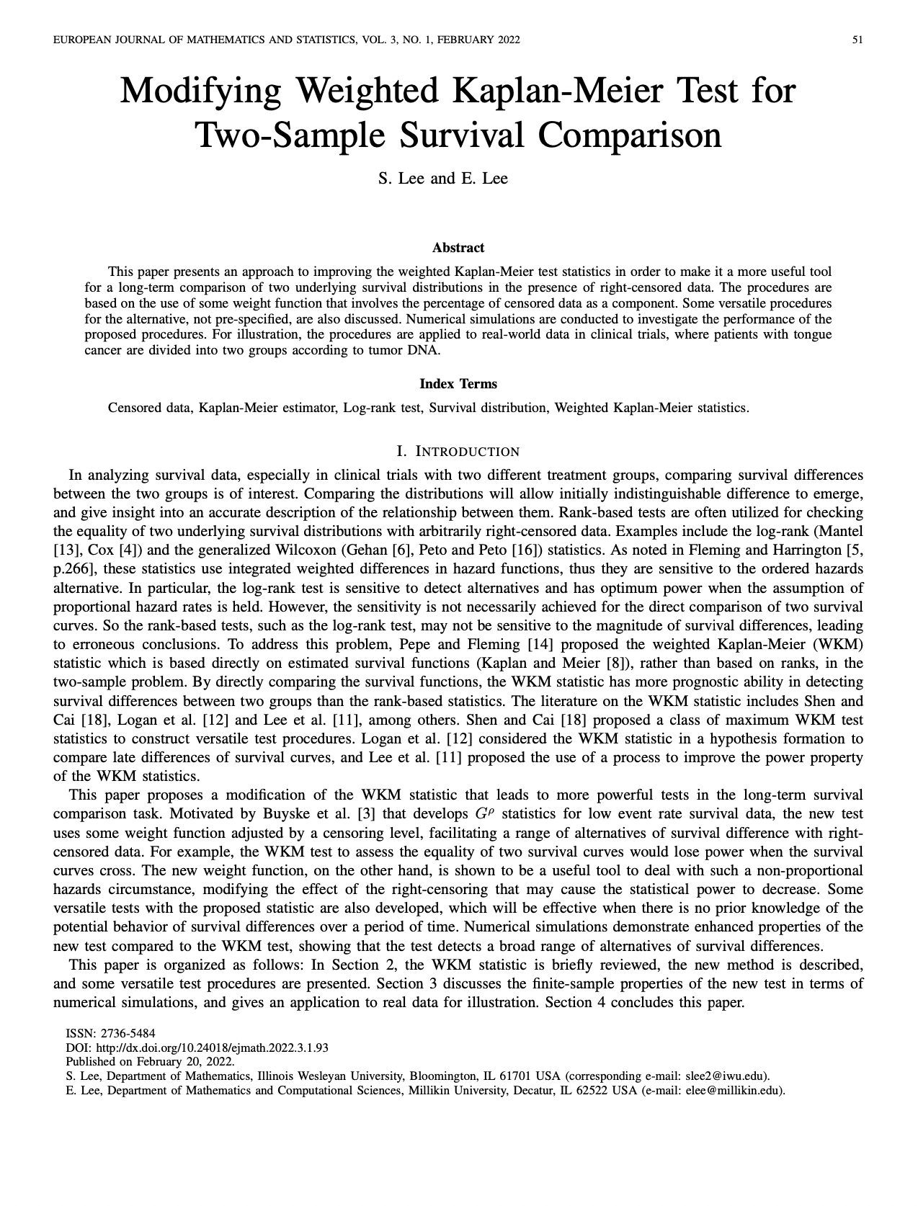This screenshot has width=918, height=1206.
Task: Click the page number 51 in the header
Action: click(x=857, y=40)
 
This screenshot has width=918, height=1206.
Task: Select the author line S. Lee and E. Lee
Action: click(x=442, y=178)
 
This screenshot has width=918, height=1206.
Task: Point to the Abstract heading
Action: click(x=458, y=248)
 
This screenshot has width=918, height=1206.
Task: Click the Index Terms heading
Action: click(x=458, y=384)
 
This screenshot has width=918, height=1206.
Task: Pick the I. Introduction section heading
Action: click(x=458, y=452)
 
